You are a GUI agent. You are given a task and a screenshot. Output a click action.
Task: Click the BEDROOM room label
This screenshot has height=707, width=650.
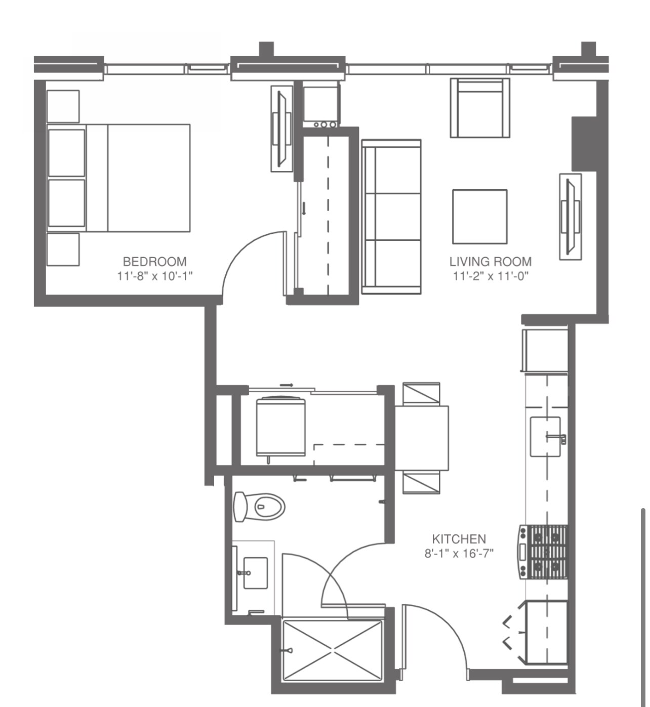(x=154, y=261)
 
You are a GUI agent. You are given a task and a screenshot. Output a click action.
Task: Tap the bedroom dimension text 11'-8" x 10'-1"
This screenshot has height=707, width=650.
(x=155, y=276)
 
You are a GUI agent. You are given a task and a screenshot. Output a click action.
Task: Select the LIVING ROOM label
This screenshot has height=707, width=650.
(x=490, y=261)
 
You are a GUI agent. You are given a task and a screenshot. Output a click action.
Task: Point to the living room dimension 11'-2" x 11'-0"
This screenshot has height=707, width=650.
(x=490, y=276)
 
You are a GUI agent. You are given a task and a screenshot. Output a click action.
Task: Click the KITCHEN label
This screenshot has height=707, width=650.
(x=458, y=539)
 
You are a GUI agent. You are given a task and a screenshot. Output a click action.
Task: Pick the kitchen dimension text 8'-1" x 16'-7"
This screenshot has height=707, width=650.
(x=459, y=553)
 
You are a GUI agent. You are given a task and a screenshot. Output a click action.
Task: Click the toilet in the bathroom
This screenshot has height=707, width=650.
(x=259, y=507)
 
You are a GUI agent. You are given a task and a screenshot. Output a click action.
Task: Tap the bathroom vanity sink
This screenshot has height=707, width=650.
(x=255, y=573)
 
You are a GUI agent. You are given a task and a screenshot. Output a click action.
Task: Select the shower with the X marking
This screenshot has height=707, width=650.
(x=332, y=651)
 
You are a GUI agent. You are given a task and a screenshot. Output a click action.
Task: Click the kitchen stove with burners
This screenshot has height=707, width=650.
(x=543, y=552)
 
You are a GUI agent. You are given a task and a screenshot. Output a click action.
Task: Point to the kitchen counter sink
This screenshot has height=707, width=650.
(x=545, y=436)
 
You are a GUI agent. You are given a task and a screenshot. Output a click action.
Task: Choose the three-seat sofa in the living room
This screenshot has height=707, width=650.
(x=391, y=217)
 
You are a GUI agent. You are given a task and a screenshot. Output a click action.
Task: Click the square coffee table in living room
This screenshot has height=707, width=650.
(x=479, y=217)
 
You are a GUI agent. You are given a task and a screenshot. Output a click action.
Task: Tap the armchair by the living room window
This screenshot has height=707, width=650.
(x=480, y=108)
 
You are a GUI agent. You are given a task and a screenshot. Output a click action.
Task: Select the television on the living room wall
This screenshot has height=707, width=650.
(x=570, y=216)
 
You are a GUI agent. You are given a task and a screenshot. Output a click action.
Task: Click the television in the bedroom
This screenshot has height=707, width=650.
(x=281, y=129)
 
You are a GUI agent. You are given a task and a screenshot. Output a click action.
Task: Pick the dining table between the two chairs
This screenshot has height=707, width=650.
(x=421, y=438)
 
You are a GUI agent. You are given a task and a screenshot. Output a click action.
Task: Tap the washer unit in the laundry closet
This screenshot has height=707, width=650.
(x=280, y=427)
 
